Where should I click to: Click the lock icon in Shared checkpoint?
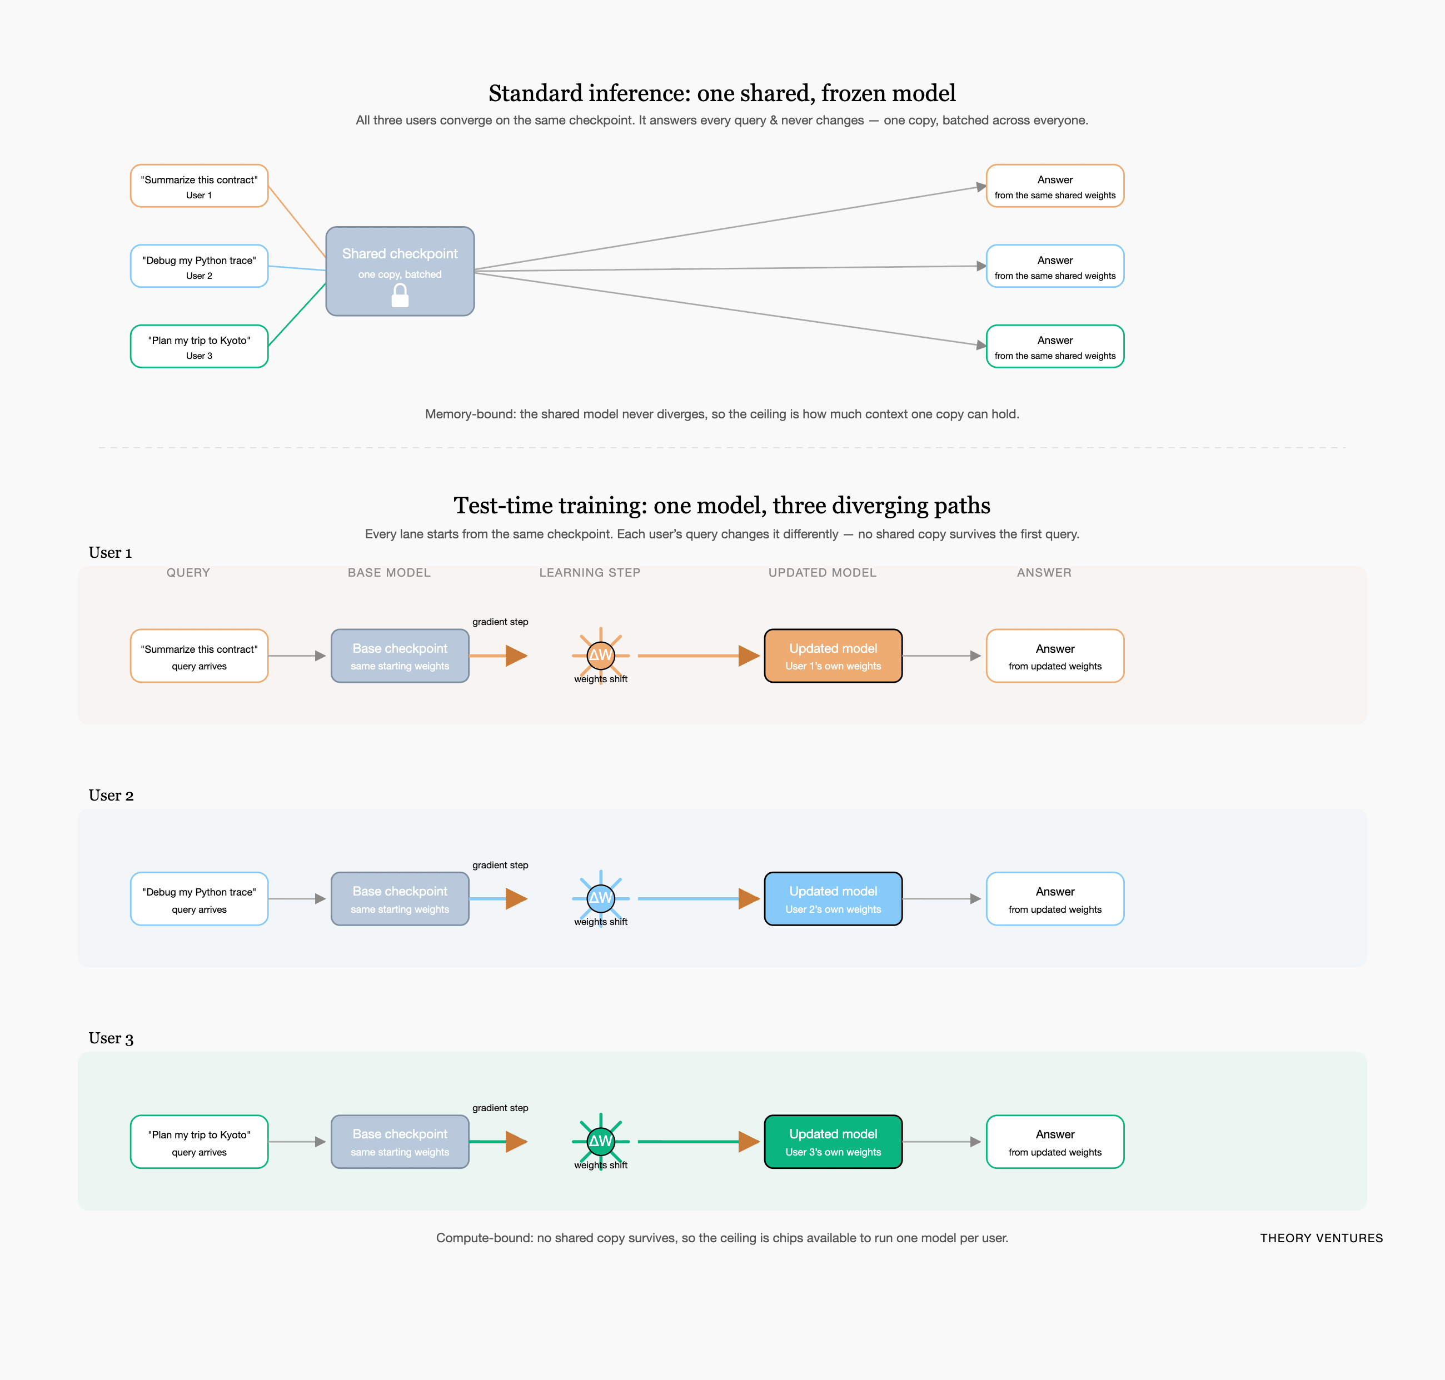pyautogui.click(x=400, y=296)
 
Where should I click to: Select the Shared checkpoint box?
pyautogui.click(x=400, y=272)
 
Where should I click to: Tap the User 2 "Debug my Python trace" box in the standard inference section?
pyautogui.click(x=200, y=266)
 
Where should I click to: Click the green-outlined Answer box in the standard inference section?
pyautogui.click(x=1055, y=347)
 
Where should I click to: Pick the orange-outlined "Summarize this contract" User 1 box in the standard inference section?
pyautogui.click(x=200, y=186)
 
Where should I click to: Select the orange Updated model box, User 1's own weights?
pyautogui.click(x=834, y=656)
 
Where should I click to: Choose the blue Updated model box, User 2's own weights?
pyautogui.click(x=834, y=899)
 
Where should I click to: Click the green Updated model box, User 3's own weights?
pyautogui.click(x=834, y=1142)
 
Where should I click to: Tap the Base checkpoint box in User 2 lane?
pyautogui.click(x=400, y=899)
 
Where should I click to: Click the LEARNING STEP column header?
pyautogui.click(x=590, y=572)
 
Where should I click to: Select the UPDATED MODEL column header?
pyautogui.click(x=823, y=572)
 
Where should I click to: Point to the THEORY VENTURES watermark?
pyautogui.click(x=1322, y=1238)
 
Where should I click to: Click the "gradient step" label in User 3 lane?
pyautogui.click(x=500, y=1108)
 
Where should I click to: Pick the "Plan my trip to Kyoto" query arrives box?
pyautogui.click(x=200, y=1142)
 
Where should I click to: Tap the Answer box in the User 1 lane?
pyautogui.click(x=1055, y=656)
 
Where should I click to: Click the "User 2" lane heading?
pyautogui.click(x=111, y=795)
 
